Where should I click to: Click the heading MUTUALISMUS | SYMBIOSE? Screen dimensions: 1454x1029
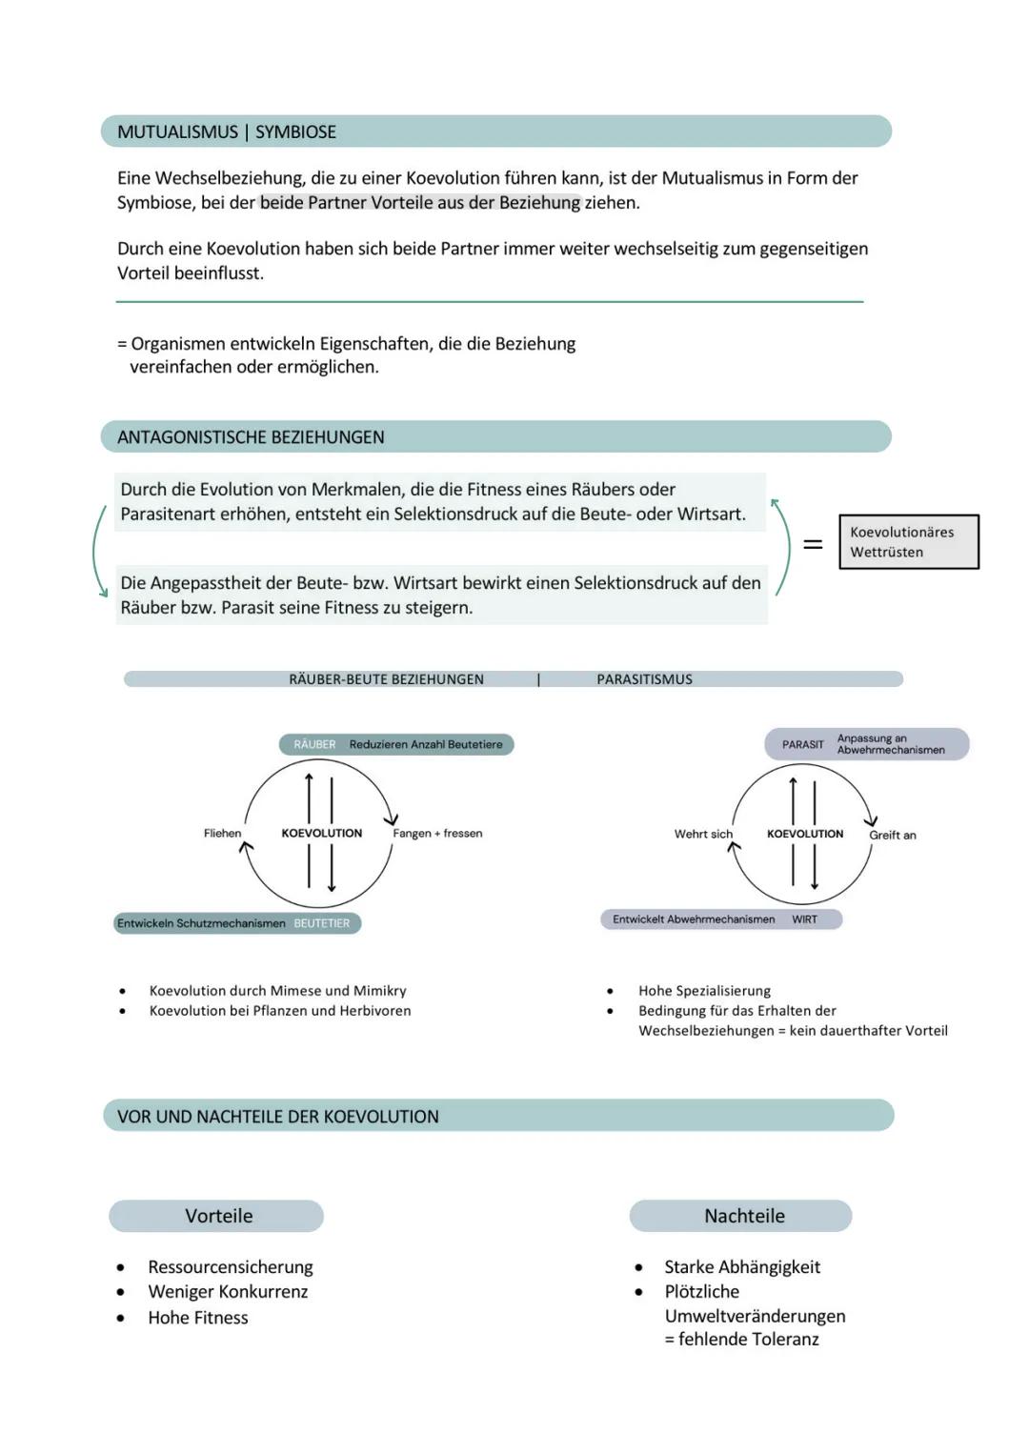[227, 132]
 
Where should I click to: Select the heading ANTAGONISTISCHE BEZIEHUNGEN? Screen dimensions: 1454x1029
[251, 437]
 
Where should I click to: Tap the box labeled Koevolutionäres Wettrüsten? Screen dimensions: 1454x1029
[908, 542]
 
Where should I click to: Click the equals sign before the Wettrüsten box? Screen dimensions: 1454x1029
[813, 544]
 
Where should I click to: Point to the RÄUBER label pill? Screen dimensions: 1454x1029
[315, 745]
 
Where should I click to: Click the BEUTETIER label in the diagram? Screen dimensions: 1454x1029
[322, 923]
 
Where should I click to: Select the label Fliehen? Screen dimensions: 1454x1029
[222, 834]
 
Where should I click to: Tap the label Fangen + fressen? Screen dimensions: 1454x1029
[437, 834]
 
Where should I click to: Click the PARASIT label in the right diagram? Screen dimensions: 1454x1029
[802, 745]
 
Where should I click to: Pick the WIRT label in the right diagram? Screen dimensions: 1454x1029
[804, 919]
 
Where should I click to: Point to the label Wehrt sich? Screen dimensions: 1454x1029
[703, 835]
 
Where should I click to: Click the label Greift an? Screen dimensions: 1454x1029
[892, 836]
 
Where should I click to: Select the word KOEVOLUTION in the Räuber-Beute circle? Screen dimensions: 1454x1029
[322, 834]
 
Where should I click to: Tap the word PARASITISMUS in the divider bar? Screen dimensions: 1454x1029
[644, 679]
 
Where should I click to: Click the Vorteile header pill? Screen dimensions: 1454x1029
[217, 1216]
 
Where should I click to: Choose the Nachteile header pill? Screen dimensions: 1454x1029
[743, 1216]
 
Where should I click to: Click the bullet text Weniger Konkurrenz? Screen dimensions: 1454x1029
[228, 1292]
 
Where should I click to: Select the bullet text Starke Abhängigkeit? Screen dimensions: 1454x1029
[741, 1267]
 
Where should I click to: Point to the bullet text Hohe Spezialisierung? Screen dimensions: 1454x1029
[704, 991]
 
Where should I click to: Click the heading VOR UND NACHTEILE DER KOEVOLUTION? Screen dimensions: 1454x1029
[277, 1117]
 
